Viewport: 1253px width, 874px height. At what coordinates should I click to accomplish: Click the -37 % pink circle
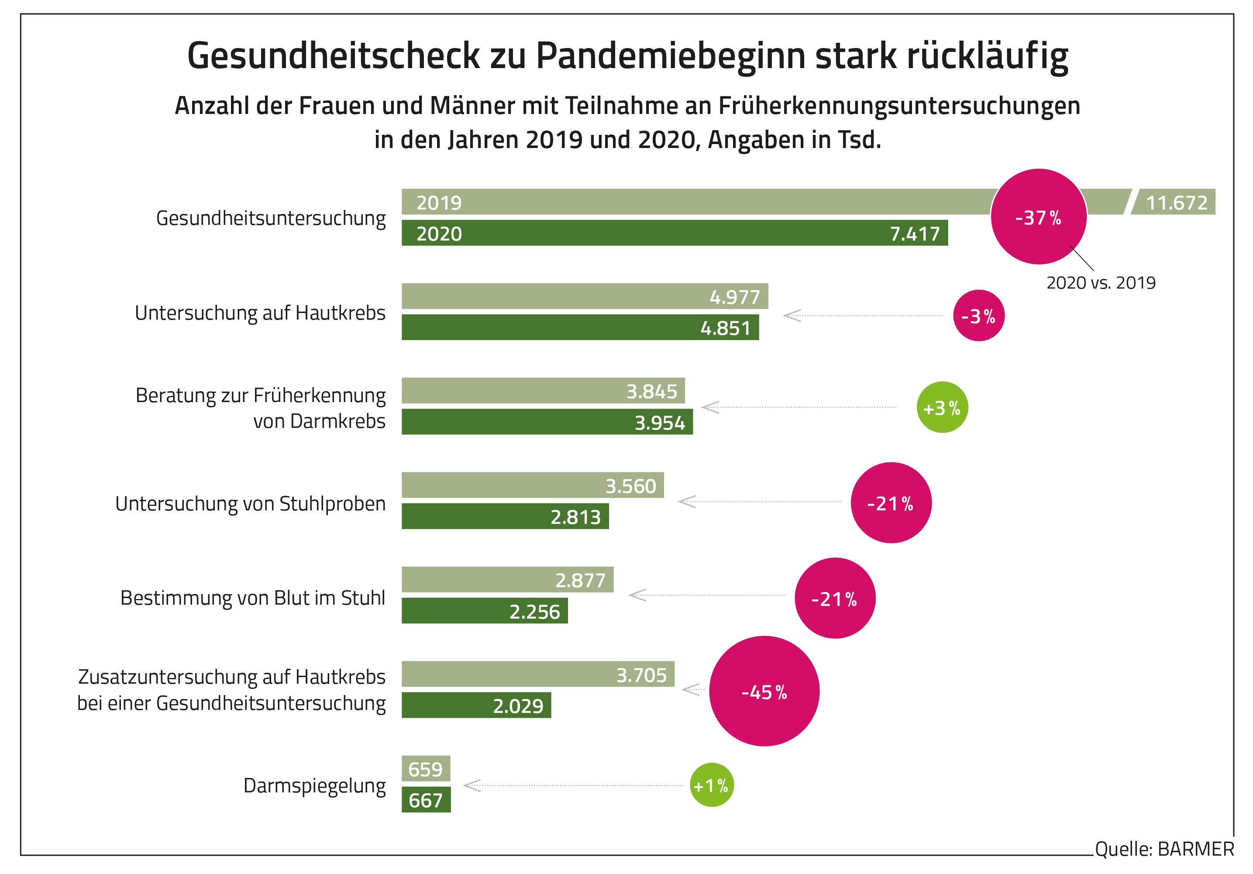(x=1038, y=217)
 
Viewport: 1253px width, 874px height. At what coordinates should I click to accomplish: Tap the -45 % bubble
(x=764, y=691)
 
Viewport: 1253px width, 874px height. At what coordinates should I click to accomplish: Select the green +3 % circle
(x=942, y=408)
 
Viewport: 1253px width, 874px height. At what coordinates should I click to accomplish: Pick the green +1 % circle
(x=712, y=785)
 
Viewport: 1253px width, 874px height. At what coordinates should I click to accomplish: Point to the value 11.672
(x=1177, y=203)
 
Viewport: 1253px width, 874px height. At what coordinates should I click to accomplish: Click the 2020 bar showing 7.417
(x=674, y=233)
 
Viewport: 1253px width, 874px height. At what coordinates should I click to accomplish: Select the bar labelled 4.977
(x=584, y=296)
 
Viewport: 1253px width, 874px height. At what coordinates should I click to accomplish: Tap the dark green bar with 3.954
(x=547, y=422)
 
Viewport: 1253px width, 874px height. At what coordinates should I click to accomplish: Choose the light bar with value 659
(x=426, y=769)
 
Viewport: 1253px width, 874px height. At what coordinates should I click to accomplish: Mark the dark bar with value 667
(x=426, y=800)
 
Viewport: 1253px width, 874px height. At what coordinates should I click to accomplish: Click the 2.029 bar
(x=476, y=705)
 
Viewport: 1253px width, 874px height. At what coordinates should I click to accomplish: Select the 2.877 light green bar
(x=507, y=579)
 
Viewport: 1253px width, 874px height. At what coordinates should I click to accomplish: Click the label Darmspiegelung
(x=314, y=786)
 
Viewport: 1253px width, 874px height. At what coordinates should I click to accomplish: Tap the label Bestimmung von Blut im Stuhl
(x=253, y=598)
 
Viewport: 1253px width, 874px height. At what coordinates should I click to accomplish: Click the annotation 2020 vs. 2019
(x=1101, y=282)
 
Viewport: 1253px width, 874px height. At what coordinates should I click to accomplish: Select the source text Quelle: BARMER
(x=1164, y=850)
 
